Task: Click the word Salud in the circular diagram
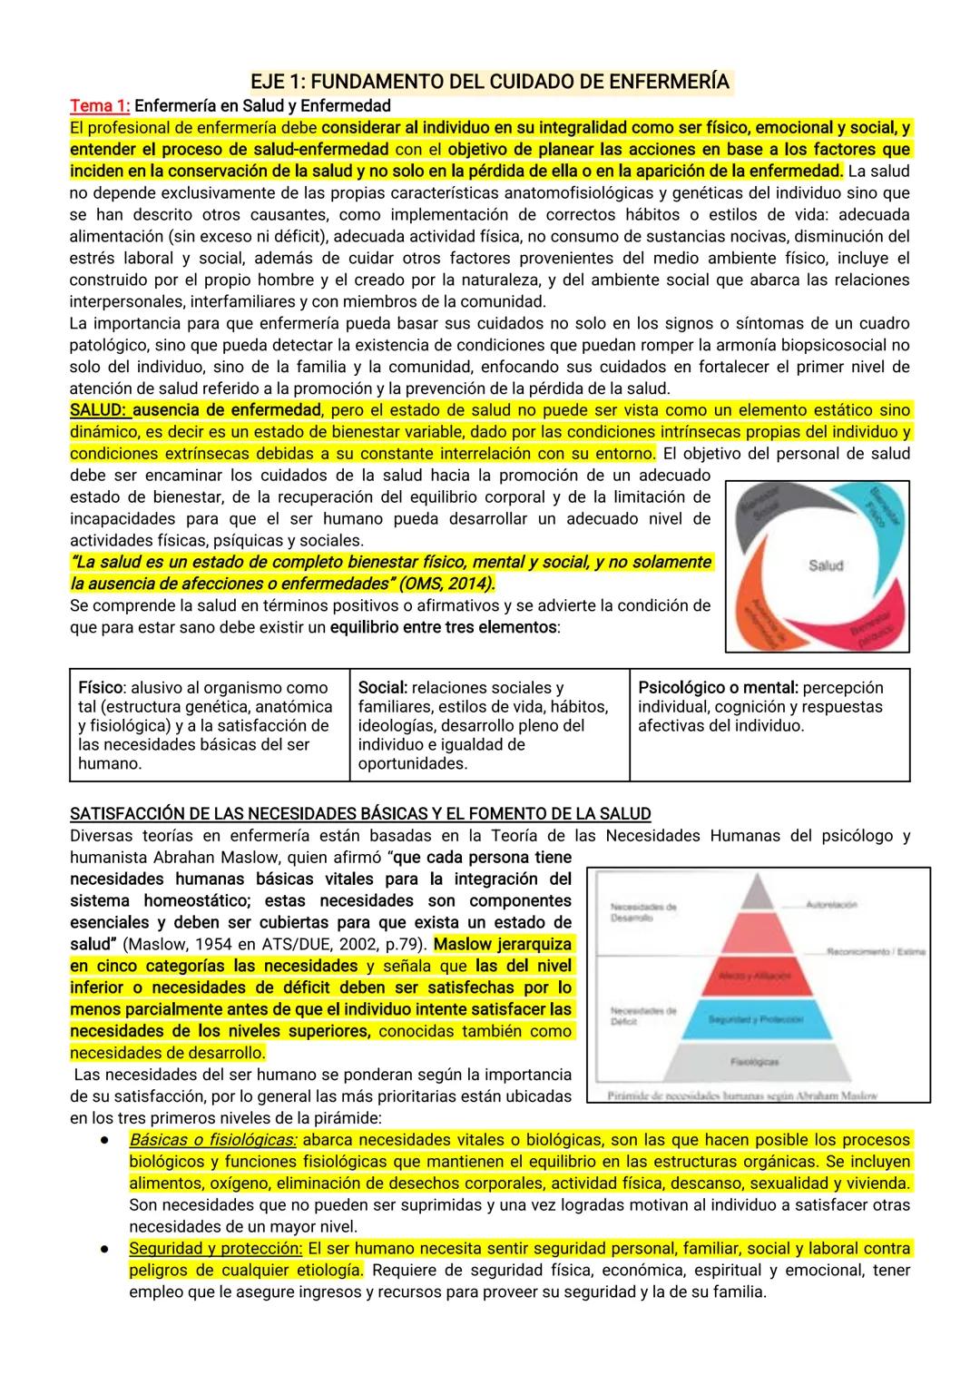pos(825,565)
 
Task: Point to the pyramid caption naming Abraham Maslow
pos(742,1095)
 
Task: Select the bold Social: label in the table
pos(382,688)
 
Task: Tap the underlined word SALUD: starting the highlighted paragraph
pos(99,410)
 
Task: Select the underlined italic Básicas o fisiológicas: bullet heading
pos(212,1140)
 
